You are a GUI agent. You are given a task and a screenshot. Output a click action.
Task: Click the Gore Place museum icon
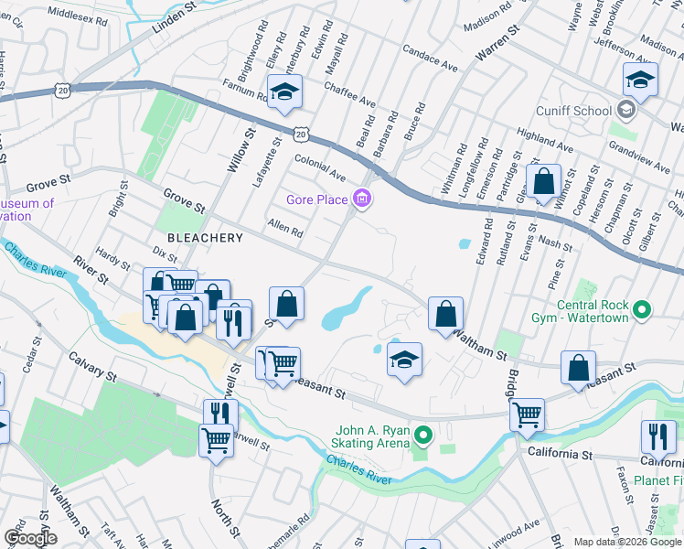pos(363,199)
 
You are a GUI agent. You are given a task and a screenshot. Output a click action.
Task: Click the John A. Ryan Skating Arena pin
pos(422,434)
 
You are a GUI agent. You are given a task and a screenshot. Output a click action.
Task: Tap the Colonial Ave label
pos(320,167)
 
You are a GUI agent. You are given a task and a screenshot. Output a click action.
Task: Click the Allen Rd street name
pos(284,228)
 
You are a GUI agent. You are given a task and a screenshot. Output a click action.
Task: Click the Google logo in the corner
pos(31,538)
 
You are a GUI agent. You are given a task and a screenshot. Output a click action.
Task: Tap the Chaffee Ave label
pos(349,94)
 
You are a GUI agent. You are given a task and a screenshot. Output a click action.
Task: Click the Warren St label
pos(497,45)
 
